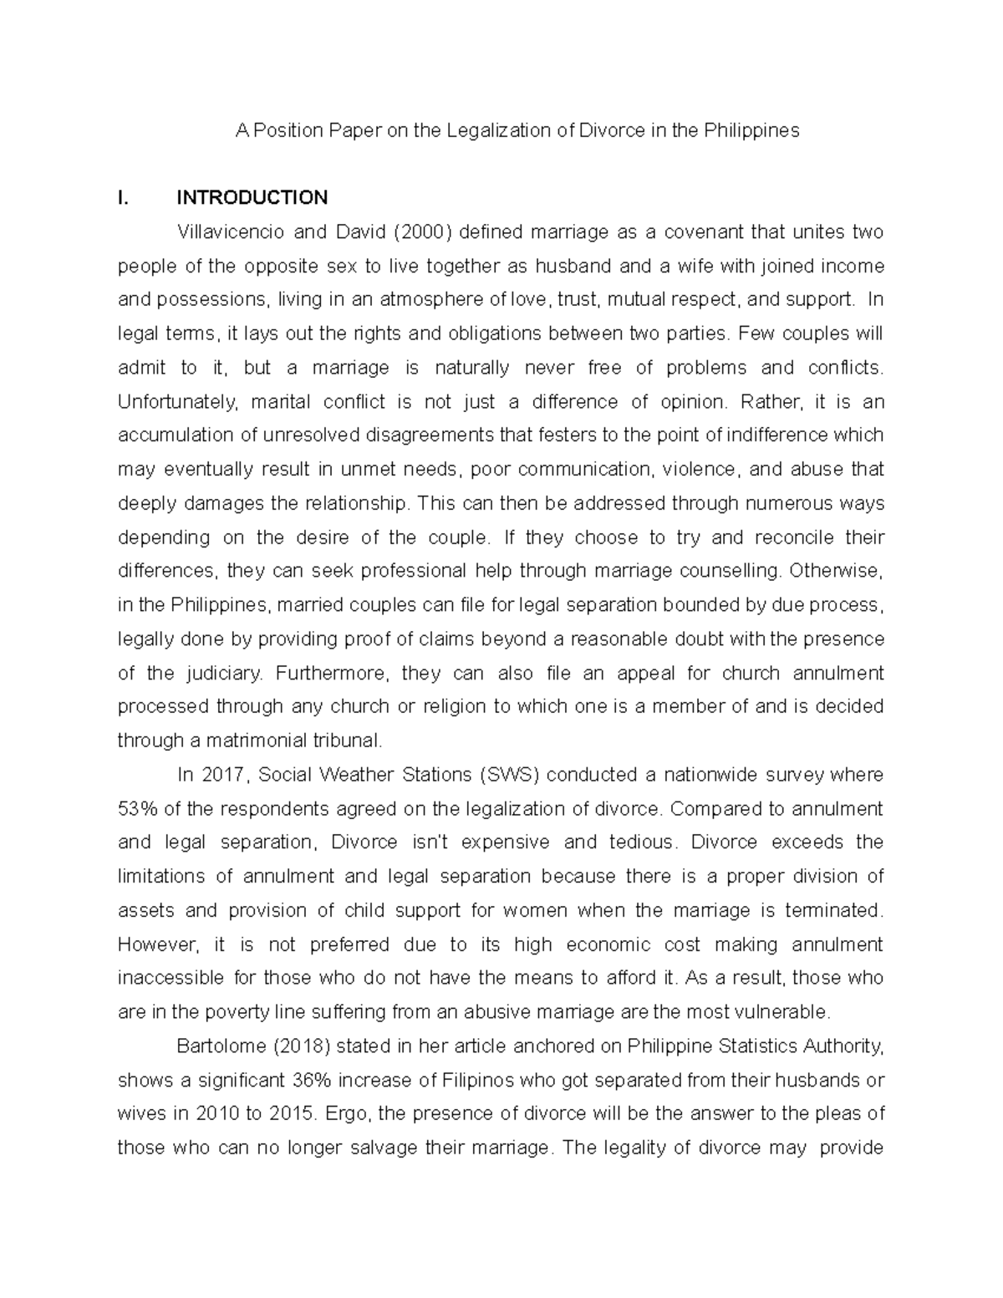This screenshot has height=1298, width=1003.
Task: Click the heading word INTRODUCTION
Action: coord(252,198)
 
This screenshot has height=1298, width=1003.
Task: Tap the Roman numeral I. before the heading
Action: coord(124,198)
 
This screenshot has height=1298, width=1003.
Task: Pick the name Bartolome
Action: coord(218,1046)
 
